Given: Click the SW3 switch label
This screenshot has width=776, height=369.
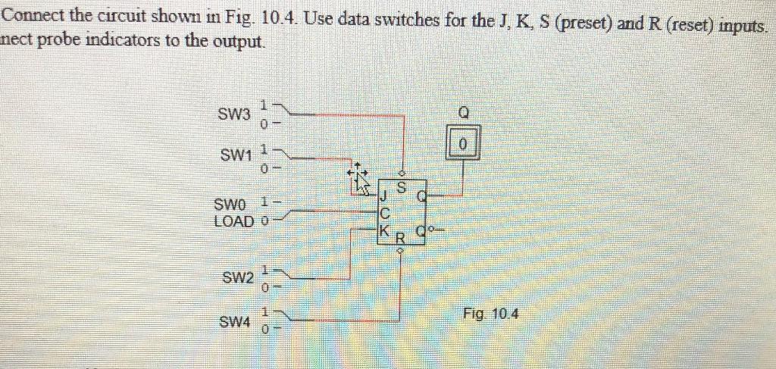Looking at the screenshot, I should [233, 115].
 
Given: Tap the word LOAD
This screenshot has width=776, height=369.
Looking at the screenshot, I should [236, 221].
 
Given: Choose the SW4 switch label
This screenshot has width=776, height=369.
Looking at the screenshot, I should [234, 322].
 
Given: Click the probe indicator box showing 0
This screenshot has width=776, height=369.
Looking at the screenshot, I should [465, 144].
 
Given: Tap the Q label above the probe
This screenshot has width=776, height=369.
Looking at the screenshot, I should [465, 112].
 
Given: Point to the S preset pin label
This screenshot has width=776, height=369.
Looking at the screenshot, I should [402, 186].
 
